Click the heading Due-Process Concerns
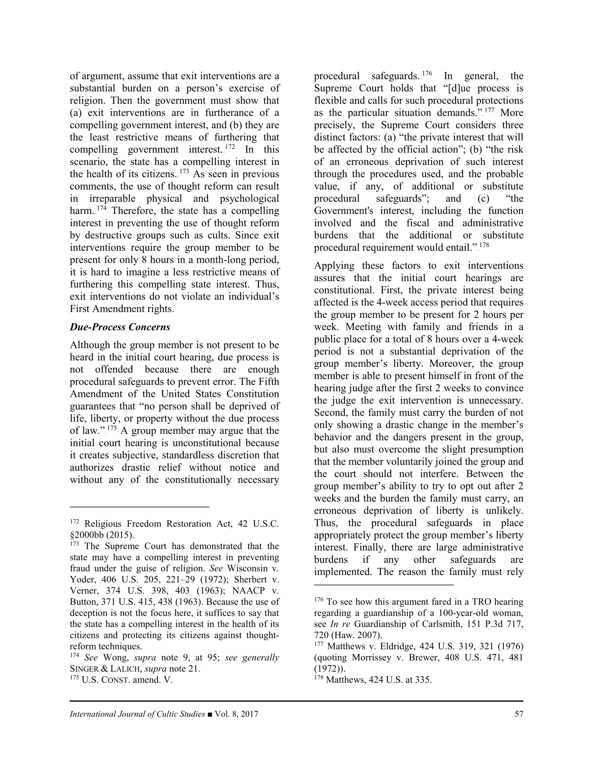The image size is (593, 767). [120, 327]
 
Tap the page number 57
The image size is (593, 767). [519, 714]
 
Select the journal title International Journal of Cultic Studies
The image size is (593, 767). [137, 714]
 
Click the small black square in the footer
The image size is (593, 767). [210, 714]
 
